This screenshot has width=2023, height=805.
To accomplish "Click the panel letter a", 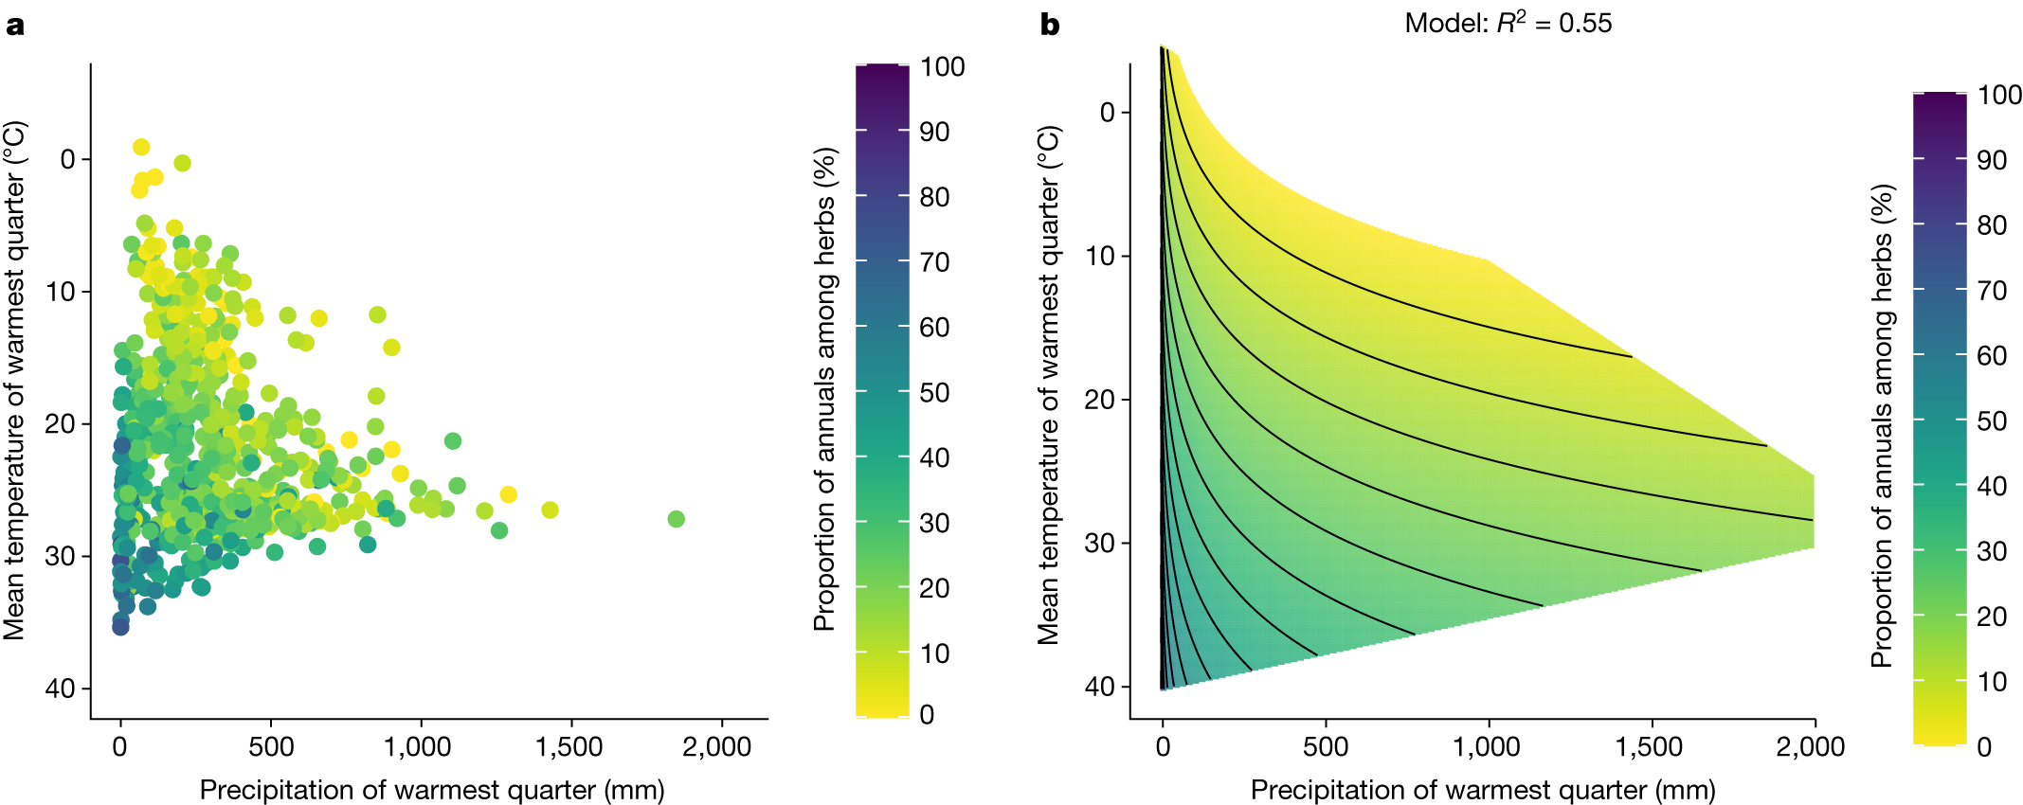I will pyautogui.click(x=14, y=25).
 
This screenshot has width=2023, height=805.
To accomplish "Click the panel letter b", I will pyautogui.click(x=1049, y=25).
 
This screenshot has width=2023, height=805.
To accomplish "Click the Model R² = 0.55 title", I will pyautogui.click(x=1508, y=23).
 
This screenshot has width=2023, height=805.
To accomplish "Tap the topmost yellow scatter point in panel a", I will pyautogui.click(x=141, y=147).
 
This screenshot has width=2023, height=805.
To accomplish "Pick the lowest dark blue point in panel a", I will pyautogui.click(x=120, y=626).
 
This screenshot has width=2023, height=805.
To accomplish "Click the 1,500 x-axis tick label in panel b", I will pyautogui.click(x=1649, y=747).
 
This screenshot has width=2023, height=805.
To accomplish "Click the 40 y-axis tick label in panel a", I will pyautogui.click(x=60, y=689).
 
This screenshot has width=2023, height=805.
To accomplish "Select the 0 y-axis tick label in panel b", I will pyautogui.click(x=1108, y=113).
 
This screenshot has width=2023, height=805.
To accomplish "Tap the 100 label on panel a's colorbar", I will pyautogui.click(x=942, y=67).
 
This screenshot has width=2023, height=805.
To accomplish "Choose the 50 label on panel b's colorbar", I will pyautogui.click(x=1992, y=421).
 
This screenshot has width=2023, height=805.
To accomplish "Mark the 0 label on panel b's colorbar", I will pyautogui.click(x=1984, y=747).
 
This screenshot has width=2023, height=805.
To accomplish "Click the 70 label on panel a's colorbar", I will pyautogui.click(x=934, y=262).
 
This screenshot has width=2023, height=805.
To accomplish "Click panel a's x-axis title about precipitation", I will pyautogui.click(x=432, y=790).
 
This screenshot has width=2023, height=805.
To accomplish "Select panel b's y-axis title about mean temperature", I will pyautogui.click(x=1048, y=385).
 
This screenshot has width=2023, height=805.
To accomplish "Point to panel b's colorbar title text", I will pyautogui.click(x=1882, y=426).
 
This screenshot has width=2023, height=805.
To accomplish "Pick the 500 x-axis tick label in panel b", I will pyautogui.click(x=1325, y=747).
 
